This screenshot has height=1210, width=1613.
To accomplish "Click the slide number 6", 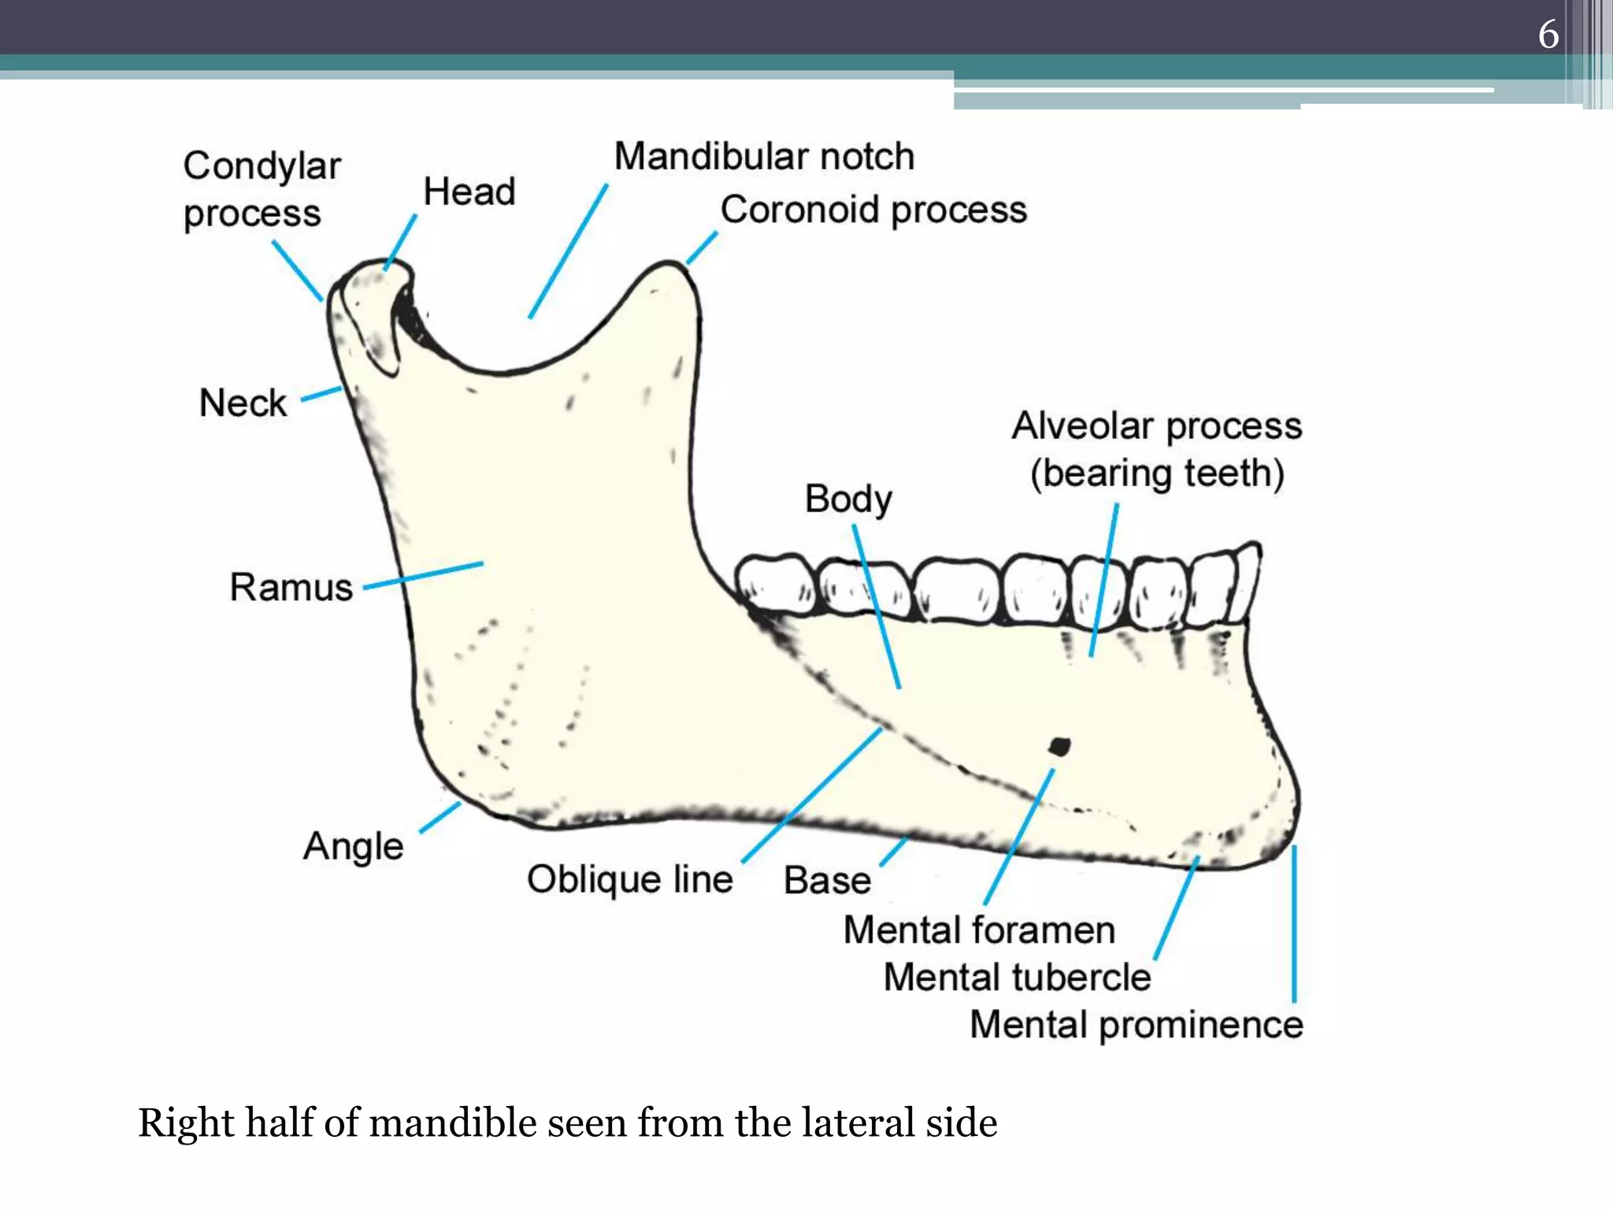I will coord(1548,35).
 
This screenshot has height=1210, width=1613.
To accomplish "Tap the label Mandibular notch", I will coord(764,156).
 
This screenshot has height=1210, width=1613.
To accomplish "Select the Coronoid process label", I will coord(873,210).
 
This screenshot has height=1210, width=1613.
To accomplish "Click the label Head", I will coord(469,191).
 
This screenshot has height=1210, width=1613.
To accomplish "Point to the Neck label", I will coord(243,403).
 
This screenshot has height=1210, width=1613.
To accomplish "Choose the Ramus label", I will coord(291,587).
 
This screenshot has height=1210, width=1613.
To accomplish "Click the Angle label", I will coord(353,847).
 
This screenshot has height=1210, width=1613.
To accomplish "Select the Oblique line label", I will coord(629,879).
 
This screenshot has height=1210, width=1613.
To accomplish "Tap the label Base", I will coord(827,880).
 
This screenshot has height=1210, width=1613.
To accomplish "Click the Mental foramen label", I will coord(979,930).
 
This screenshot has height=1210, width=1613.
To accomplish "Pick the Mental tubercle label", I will coord(1017,977).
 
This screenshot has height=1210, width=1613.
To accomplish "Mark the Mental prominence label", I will coord(1136,1024).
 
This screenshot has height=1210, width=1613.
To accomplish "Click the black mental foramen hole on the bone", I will coord(1059,745).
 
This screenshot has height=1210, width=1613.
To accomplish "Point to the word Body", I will coord(848,499).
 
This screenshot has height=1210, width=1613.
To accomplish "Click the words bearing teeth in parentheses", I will coord(1157,473).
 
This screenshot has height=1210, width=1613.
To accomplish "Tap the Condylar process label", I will coord(261,190).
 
